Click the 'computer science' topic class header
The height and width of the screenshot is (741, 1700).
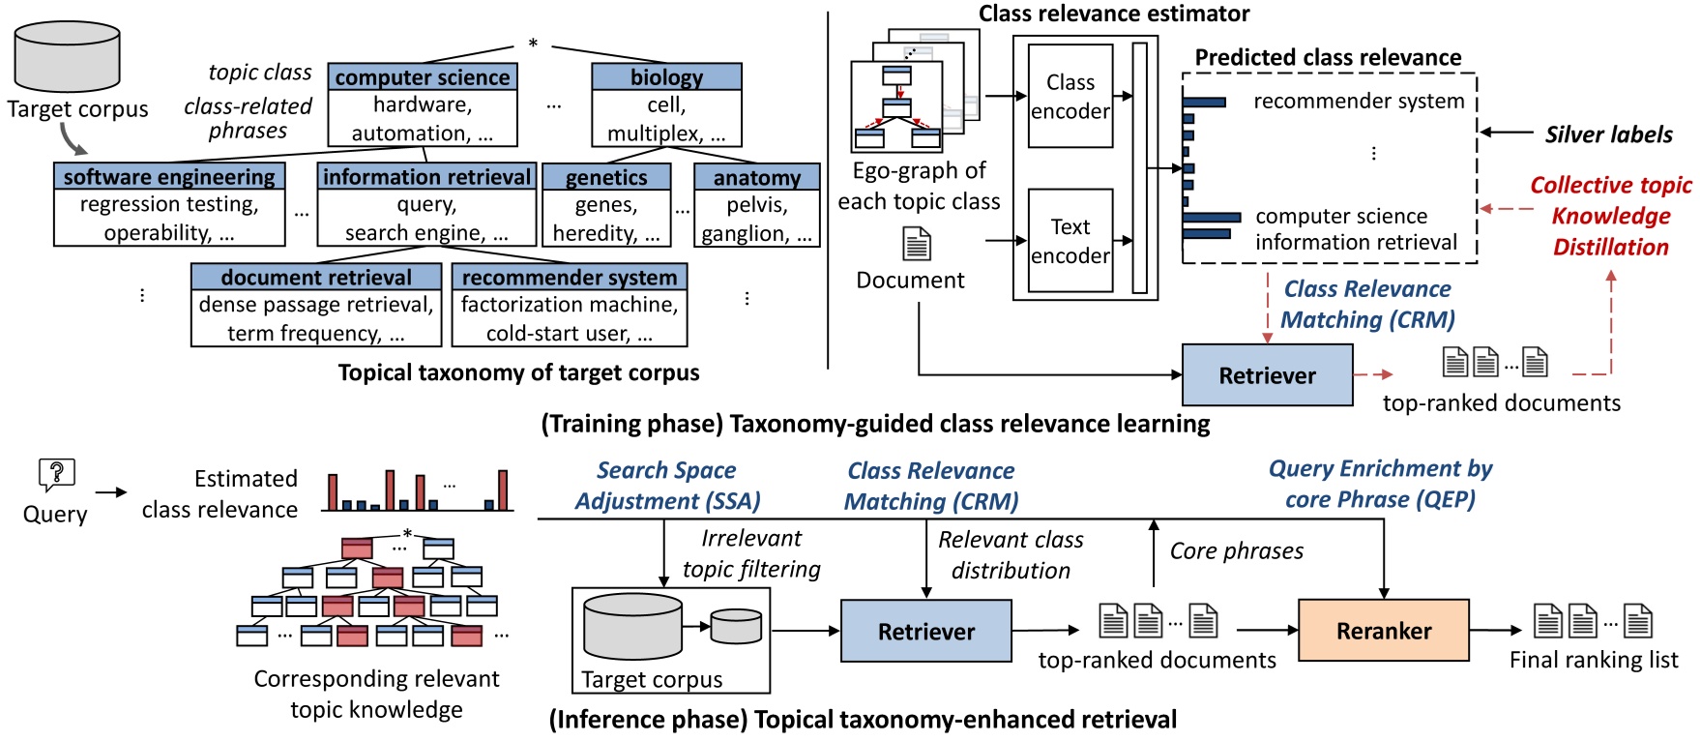click(423, 77)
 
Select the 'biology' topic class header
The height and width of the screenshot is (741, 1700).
click(666, 77)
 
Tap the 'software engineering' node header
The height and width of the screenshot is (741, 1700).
click(169, 177)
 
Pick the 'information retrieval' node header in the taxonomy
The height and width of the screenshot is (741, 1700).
click(426, 177)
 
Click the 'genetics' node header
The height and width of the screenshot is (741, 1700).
click(606, 178)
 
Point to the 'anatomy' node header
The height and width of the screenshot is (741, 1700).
click(757, 178)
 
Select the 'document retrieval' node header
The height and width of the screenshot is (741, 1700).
click(316, 278)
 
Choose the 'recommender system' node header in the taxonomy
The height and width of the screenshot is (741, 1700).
click(570, 278)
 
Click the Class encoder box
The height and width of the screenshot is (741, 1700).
click(1070, 97)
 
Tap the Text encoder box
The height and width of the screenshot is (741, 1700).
click(1070, 241)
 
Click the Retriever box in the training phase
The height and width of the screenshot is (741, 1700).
click(1267, 375)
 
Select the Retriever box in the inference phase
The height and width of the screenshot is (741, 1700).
click(925, 632)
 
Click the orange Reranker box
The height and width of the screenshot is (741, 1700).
click(1383, 631)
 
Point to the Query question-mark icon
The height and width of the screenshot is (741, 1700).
click(56, 474)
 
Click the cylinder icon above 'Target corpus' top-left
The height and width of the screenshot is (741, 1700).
click(68, 58)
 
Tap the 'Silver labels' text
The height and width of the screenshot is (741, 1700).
click(1608, 134)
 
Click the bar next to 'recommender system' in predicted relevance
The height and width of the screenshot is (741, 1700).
click(1205, 102)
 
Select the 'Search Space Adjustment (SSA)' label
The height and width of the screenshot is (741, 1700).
click(667, 486)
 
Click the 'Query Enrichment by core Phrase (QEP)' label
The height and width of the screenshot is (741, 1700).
click(1380, 484)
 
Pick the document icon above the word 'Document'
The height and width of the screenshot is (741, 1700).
click(917, 245)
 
